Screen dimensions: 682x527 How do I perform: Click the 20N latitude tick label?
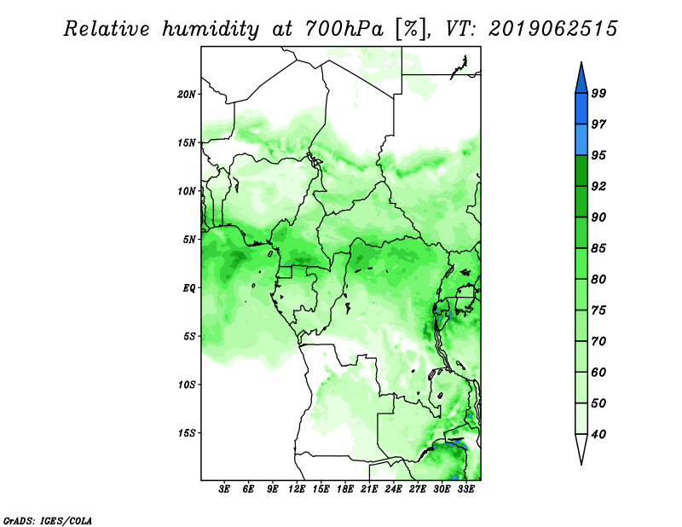pos(187,95)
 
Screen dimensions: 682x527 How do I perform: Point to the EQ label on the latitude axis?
pos(188,288)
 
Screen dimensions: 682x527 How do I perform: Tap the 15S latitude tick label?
pos(187,433)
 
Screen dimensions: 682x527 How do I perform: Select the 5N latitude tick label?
pos(189,240)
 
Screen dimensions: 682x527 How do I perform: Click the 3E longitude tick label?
pos(224,489)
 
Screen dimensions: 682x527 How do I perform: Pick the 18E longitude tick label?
pos(345,489)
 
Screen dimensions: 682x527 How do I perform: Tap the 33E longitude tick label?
pos(465,489)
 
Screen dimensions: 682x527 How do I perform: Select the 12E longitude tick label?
pos(297,489)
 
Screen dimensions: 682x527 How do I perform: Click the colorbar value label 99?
pos(598,93)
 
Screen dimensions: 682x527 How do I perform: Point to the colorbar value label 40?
pos(598,434)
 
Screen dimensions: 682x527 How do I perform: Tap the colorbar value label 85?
pos(598,248)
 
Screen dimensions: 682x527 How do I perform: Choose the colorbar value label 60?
pos(598,372)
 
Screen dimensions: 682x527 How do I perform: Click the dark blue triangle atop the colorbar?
pos(581,80)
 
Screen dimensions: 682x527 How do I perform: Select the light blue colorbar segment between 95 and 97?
pos(581,140)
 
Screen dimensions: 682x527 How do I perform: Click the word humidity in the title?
pos(211,29)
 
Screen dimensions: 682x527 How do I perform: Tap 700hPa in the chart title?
pos(344,29)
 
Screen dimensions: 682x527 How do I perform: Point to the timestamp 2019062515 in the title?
pos(552,29)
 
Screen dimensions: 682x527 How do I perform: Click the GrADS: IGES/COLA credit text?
pos(48,520)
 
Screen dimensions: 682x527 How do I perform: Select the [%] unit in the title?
pos(411,29)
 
